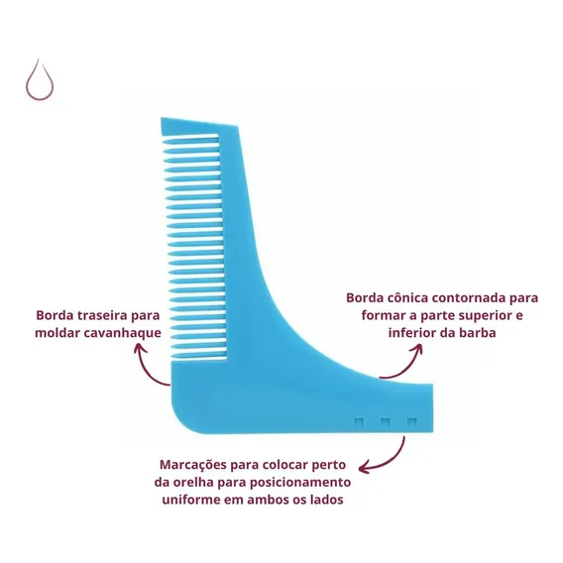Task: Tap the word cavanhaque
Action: (x=122, y=333)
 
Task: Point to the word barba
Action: (x=477, y=332)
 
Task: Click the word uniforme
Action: (x=191, y=500)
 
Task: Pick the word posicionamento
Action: (x=300, y=482)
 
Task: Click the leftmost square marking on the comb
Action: (x=359, y=422)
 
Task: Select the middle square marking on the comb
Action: (x=386, y=422)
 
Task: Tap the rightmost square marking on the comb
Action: (x=411, y=422)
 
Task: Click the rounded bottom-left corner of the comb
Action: (x=178, y=423)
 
